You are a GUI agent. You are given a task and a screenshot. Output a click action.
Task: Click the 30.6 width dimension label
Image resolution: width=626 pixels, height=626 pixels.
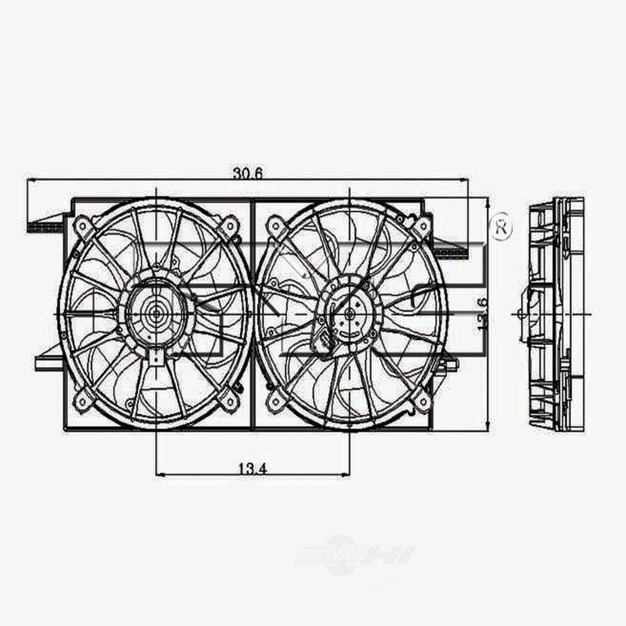pos(247,173)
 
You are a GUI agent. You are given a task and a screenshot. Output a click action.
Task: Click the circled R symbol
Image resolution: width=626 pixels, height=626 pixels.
pos(501,227)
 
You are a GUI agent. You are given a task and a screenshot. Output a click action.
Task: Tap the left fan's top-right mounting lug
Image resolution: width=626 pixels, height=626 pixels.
pos(230,225)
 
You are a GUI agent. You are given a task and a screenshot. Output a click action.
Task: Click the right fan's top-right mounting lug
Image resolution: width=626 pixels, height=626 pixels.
pos(422,225)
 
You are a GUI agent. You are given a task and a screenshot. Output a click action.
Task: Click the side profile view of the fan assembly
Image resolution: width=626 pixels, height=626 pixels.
pos(555,314)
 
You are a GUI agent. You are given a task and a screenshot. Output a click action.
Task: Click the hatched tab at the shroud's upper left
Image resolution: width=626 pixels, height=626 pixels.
pos(45,227)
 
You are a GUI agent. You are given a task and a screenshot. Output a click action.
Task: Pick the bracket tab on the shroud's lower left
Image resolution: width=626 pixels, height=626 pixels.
pos(49,362)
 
